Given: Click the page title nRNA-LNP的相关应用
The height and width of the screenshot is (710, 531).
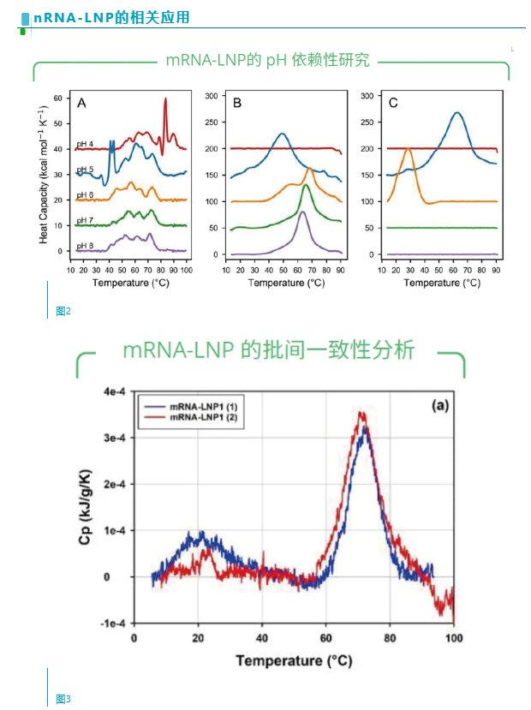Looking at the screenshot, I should (x=111, y=17).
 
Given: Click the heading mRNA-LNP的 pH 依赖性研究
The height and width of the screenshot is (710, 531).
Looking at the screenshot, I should (x=268, y=61).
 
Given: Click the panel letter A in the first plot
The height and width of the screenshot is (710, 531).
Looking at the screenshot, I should (x=81, y=104).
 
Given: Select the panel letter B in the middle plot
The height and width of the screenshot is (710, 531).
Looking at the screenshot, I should (x=237, y=104).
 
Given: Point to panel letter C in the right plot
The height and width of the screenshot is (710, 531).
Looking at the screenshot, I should (x=393, y=104).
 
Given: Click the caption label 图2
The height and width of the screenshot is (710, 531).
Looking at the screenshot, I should (x=63, y=311).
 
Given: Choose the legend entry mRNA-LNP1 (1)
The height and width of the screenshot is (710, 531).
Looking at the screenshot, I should (x=206, y=405).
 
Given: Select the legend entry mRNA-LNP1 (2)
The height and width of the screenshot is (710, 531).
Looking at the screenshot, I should (x=206, y=416).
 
